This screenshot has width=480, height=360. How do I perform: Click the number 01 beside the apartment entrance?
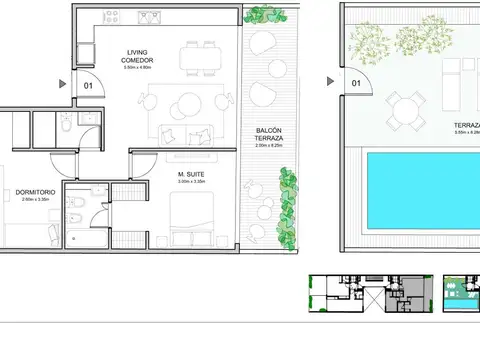click(87, 85)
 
